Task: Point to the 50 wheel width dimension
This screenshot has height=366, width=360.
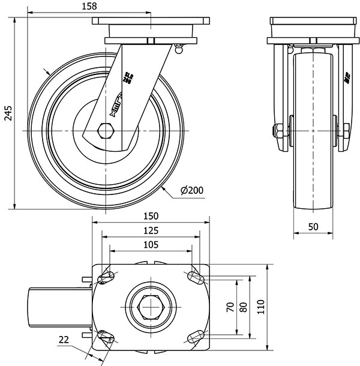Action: (313, 226)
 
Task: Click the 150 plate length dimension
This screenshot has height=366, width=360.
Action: (151, 215)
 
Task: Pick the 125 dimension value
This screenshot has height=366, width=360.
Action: (151, 230)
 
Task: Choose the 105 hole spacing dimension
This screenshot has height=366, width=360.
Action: (151, 244)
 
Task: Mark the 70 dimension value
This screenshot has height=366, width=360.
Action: (230, 308)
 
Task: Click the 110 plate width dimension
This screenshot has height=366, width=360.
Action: (259, 308)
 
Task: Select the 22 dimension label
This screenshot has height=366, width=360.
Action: (64, 340)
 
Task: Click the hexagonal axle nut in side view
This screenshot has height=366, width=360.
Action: (106, 130)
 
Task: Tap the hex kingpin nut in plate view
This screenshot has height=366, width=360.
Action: (150, 307)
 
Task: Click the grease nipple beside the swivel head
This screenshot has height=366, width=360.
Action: (178, 49)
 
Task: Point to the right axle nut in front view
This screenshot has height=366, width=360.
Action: (347, 131)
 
